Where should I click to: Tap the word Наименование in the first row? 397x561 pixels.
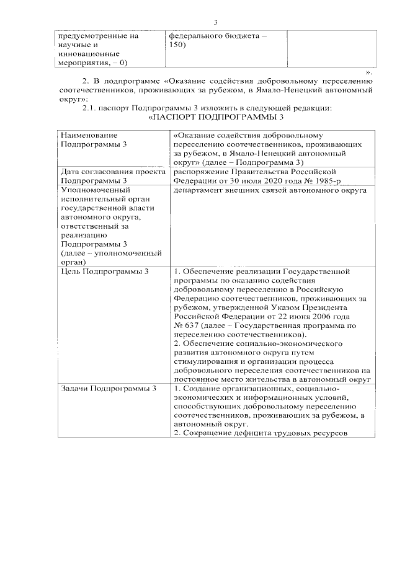[89, 135]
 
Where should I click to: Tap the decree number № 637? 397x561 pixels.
[186, 325]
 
